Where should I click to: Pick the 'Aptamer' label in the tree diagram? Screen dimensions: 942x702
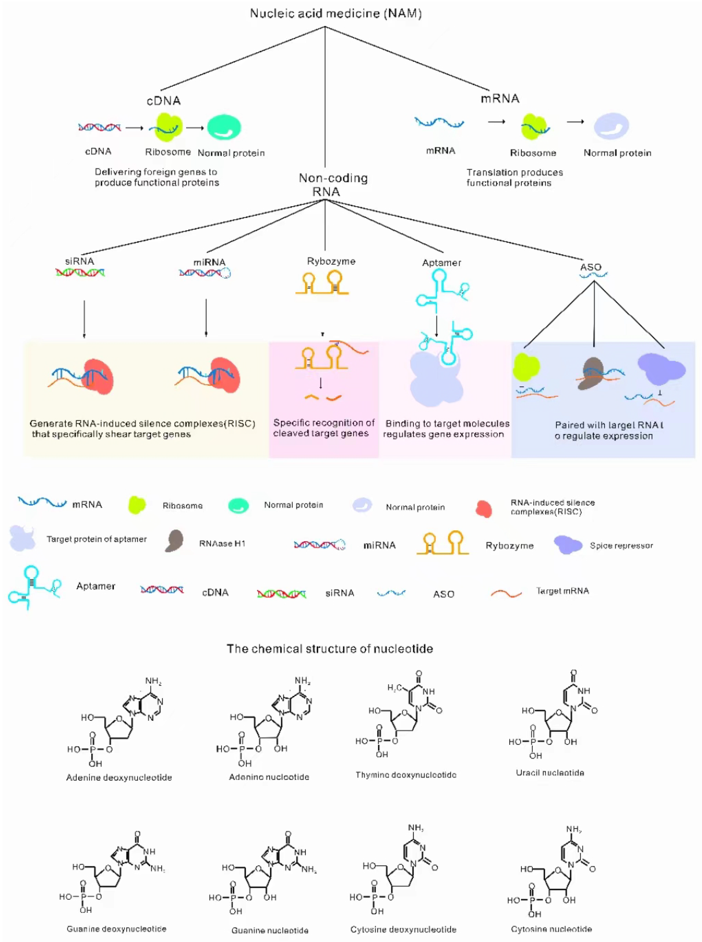click(x=442, y=263)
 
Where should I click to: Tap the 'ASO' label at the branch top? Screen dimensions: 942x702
click(x=591, y=267)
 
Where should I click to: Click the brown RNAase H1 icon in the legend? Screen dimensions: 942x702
click(x=174, y=541)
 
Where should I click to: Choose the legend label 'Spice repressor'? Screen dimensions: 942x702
click(x=621, y=546)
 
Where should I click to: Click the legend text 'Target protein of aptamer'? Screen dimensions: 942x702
click(x=96, y=539)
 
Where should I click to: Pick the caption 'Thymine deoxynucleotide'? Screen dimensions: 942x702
click(x=406, y=775)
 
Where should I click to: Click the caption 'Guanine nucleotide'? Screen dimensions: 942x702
click(x=270, y=930)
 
